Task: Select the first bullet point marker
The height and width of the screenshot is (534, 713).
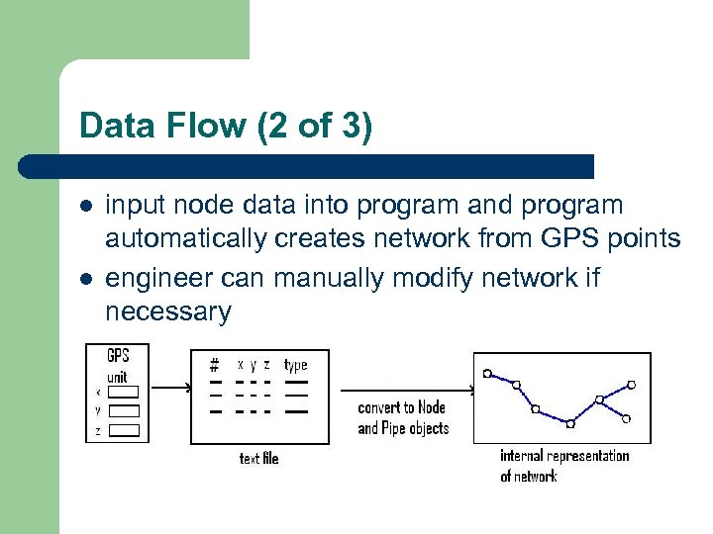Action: point(86,207)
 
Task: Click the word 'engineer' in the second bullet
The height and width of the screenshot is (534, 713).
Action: point(158,278)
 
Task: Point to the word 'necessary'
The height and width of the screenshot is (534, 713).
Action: point(167,312)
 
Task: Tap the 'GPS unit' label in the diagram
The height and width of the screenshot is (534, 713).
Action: point(117,365)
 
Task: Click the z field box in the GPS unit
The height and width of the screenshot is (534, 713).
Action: point(124,431)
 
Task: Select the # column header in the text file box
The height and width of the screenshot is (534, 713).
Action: point(214,365)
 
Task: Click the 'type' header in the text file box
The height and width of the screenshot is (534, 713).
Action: point(295,365)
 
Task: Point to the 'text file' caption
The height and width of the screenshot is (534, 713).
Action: point(258,458)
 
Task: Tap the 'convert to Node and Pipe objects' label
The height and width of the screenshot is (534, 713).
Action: point(402,417)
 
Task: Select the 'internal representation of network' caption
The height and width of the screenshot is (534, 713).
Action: point(563,465)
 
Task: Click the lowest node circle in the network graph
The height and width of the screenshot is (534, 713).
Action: point(569,423)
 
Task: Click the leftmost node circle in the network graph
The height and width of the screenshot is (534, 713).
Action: point(486,373)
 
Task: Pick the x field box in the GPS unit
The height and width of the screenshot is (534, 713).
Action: point(124,392)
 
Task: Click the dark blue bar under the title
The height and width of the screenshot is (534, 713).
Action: point(307,166)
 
